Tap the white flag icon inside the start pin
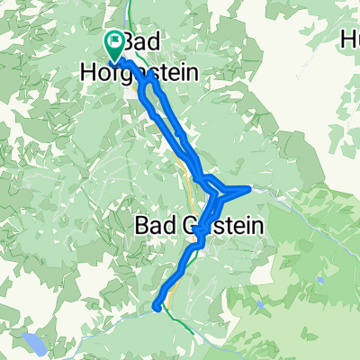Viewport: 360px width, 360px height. tap(115, 40)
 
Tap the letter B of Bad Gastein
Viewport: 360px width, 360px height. tap(141, 226)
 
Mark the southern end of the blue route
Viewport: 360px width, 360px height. tap(158, 306)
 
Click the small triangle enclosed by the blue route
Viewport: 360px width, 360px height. tap(226, 190)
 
